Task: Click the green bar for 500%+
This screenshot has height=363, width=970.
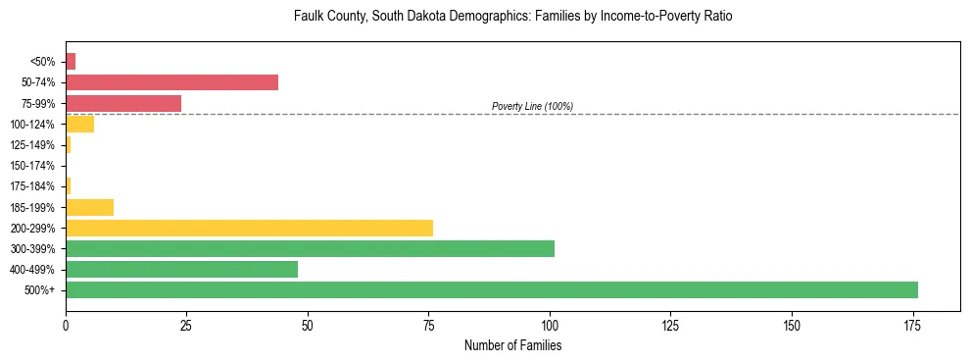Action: pos(491,289)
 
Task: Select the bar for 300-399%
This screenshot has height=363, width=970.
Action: pos(310,248)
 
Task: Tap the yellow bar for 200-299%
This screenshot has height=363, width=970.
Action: pos(249,228)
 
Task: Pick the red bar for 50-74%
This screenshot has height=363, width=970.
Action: pos(171,82)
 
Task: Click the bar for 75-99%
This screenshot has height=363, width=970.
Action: pos(123,103)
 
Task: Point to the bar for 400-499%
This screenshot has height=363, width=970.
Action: pos(181,269)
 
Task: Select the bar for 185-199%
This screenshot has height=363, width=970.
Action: pos(89,207)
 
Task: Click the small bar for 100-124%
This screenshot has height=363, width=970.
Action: pos(79,124)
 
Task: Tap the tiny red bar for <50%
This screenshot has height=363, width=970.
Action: pos(71,62)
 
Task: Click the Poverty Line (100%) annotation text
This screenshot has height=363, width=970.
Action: pos(532,106)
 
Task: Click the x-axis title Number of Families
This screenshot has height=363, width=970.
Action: pos(512,345)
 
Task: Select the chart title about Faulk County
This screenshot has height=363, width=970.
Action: pos(512,17)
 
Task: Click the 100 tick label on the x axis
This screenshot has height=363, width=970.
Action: pos(550,325)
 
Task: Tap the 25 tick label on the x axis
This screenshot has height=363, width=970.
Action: pos(187,325)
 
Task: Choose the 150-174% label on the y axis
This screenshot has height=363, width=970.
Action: pos(33,166)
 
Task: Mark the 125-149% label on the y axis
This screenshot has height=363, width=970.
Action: pos(33,145)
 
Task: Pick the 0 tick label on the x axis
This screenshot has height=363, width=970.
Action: pos(66,325)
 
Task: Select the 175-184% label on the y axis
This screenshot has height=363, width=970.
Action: pos(33,186)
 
